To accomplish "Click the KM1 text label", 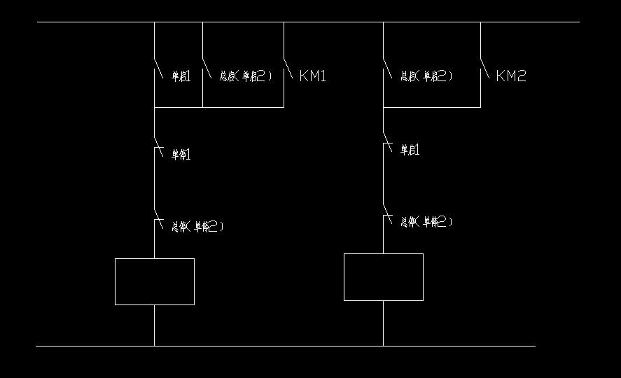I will click(x=313, y=76).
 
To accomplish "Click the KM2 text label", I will click(x=510, y=76).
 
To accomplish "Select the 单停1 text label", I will click(x=181, y=154).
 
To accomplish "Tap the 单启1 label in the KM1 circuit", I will click(x=181, y=76).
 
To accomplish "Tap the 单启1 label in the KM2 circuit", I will click(x=410, y=149).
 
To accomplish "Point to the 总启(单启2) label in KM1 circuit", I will click(x=246, y=76).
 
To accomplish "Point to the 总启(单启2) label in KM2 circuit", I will click(x=426, y=76).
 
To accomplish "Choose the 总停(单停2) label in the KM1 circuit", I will click(x=198, y=226).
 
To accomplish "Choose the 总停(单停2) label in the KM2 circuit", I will click(x=426, y=222).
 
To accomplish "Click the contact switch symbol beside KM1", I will click(x=288, y=67).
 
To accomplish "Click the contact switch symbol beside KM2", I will click(x=484, y=67).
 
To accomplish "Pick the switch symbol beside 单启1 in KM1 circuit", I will click(x=158, y=67).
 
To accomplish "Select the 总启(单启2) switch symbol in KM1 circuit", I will click(x=207, y=67).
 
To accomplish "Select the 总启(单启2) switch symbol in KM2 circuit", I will click(x=387, y=67).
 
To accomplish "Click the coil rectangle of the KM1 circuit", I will click(x=155, y=281).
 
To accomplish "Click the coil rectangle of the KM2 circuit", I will click(x=384, y=277).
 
